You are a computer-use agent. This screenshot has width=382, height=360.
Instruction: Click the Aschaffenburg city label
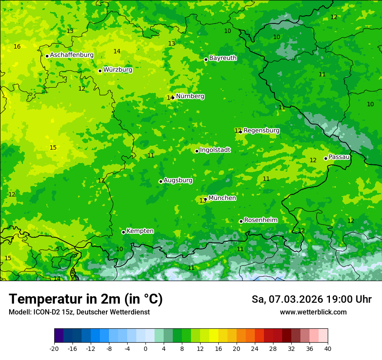72,55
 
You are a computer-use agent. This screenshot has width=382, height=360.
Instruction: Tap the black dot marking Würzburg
100,71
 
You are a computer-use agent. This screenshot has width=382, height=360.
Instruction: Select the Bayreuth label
223,58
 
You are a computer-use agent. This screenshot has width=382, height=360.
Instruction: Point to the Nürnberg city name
190,96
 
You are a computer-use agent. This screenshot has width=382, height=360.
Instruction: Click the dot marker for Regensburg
240,131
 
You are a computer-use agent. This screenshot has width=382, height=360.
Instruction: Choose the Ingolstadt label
215,150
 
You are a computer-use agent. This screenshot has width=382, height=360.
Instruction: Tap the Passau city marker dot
326,158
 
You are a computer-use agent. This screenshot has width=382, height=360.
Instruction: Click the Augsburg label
178,180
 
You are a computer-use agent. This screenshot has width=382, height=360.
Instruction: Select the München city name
222,198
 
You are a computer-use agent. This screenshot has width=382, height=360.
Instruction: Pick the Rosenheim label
260,220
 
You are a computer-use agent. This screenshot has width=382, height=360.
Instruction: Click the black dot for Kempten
123,232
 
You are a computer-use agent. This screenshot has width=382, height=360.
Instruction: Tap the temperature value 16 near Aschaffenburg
17,46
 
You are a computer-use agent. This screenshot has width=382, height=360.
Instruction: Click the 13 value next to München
203,200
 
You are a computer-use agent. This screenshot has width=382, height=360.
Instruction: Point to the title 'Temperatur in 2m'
86,299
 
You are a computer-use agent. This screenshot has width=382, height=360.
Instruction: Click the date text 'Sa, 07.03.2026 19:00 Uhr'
311,299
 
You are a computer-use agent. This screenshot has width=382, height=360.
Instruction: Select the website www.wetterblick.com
313,312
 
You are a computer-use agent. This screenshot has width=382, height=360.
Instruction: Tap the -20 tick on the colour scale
54,348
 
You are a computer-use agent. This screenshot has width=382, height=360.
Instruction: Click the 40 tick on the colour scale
328,348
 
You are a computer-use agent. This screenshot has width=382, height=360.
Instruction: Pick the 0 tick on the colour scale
145,348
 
